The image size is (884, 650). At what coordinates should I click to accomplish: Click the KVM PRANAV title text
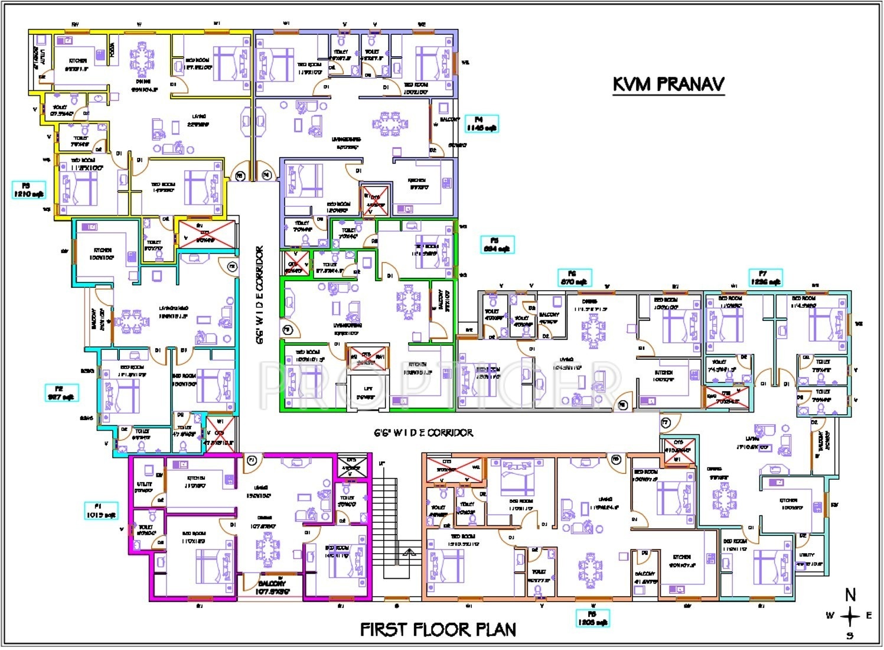[x=668, y=84]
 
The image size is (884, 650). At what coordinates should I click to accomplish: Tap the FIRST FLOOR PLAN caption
[x=438, y=629]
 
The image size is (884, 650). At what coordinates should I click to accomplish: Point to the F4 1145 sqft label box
[x=481, y=124]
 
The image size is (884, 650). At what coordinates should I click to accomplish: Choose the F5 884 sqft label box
[x=497, y=245]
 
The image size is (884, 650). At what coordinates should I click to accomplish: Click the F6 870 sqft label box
[x=575, y=278]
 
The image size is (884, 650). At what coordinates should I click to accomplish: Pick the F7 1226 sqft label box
[x=765, y=278]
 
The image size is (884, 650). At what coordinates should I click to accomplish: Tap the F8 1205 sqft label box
[x=592, y=618]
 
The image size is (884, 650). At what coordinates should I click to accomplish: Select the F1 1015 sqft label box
[x=101, y=511]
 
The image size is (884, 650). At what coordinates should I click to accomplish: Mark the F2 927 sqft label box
[x=61, y=393]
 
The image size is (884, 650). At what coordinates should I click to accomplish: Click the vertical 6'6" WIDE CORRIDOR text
[x=260, y=295]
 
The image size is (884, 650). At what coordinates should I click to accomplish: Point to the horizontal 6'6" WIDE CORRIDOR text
[x=423, y=433]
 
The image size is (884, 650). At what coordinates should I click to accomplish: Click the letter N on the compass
[x=850, y=595]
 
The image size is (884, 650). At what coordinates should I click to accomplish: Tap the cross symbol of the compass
[x=850, y=616]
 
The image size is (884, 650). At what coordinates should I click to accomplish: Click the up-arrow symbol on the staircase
[x=408, y=553]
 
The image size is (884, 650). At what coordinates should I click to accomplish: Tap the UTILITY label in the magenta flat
[x=144, y=486]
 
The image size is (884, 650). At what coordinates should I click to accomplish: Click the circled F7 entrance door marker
[x=665, y=422]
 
